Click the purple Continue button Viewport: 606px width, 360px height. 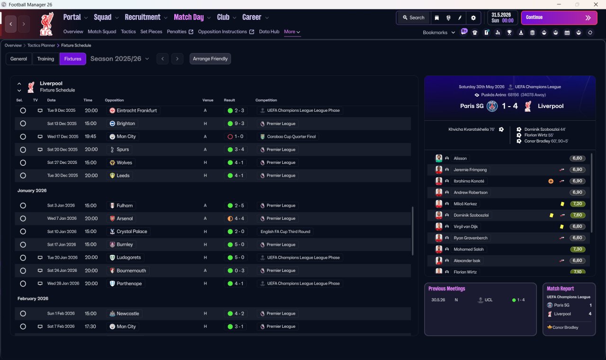tap(559, 18)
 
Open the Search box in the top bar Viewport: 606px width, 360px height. tap(414, 18)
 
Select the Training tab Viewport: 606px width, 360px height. tap(45, 59)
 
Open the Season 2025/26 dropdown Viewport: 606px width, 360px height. tap(120, 59)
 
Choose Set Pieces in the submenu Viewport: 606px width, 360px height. tap(151, 32)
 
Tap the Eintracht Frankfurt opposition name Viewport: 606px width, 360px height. tap(137, 110)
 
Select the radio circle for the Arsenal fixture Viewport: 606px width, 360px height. tap(23, 218)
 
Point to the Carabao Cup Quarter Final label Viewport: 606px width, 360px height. tap(291, 137)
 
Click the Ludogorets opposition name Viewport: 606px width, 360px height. tap(128, 257)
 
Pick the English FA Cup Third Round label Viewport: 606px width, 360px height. tap(285, 232)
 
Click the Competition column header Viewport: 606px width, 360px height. tap(266, 100)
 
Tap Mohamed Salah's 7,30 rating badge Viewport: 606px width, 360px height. tap(577, 249)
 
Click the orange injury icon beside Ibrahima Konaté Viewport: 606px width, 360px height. tap(551, 181)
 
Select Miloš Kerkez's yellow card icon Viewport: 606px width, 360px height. tap(562, 204)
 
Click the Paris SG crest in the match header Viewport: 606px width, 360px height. tap(492, 106)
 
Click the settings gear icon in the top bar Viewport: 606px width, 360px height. tap(473, 18)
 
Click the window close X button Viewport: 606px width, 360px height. tap(596, 4)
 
